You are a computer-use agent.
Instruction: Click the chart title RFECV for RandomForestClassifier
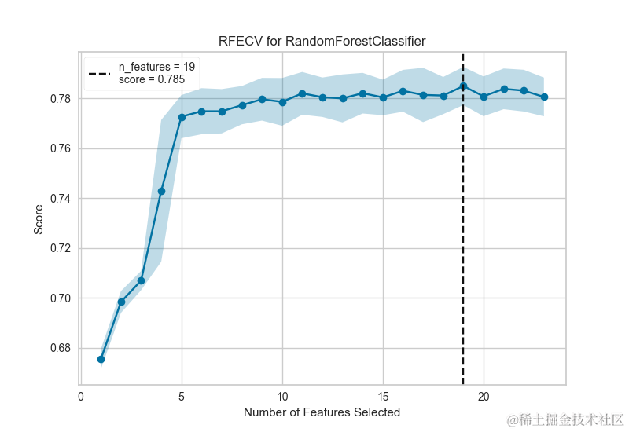tap(323, 40)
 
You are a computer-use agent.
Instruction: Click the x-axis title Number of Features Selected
tap(322, 412)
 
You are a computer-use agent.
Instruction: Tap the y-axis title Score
tap(39, 219)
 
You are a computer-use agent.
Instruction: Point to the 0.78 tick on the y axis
tap(61, 99)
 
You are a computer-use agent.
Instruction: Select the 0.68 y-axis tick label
tap(61, 348)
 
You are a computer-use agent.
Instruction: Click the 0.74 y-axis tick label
tap(61, 199)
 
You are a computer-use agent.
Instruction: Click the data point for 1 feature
tap(101, 359)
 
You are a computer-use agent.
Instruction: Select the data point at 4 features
tap(161, 191)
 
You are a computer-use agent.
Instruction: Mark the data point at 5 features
tap(182, 117)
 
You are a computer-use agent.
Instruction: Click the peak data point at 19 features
tap(463, 86)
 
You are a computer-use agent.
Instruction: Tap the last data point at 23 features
tap(544, 97)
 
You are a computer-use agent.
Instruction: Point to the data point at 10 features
tap(282, 102)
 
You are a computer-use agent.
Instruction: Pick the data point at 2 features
tap(121, 302)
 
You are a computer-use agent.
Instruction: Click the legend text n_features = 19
tap(156, 68)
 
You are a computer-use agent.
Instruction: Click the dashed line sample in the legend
tap(101, 74)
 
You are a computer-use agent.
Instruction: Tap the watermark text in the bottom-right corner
tap(565, 419)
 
